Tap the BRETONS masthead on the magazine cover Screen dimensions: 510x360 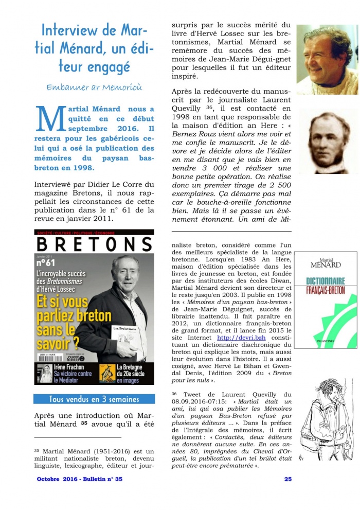point(94,244)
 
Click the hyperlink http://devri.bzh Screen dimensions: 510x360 point(234,337)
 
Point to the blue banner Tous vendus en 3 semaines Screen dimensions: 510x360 point(94,399)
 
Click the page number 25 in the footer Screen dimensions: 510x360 point(288,479)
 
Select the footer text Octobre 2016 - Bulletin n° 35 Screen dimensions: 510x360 point(80,479)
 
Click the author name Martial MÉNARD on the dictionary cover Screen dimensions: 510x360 point(326,262)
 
